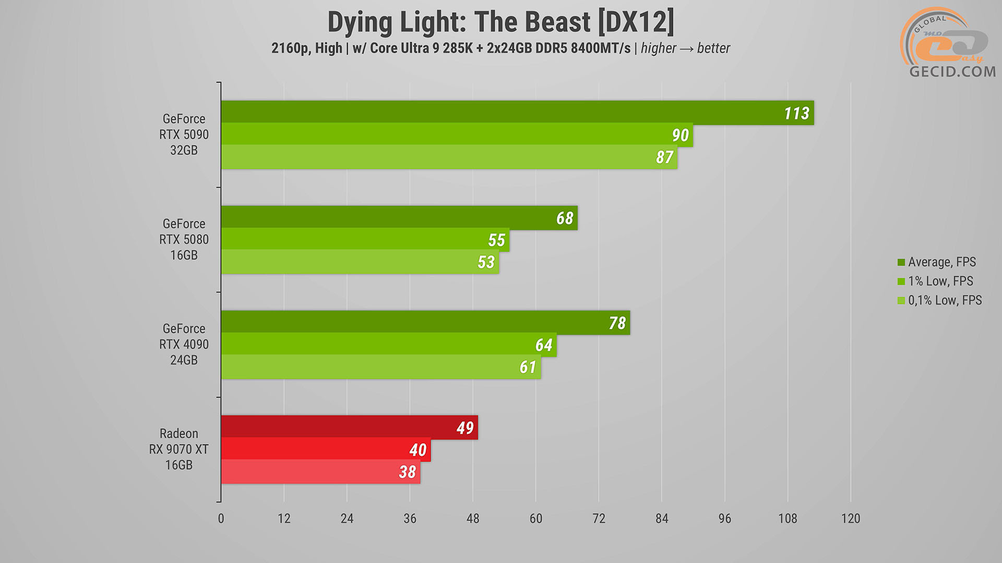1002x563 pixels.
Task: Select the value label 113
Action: [x=796, y=113]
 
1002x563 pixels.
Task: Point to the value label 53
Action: [x=486, y=262]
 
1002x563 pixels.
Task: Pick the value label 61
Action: [x=528, y=367]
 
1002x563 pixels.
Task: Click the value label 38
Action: [x=407, y=472]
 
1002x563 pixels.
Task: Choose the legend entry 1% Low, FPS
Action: [x=940, y=281]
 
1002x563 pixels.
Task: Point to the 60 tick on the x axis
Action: [x=536, y=518]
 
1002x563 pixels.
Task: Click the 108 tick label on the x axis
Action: [x=788, y=518]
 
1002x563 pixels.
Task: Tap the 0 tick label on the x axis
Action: [x=221, y=518]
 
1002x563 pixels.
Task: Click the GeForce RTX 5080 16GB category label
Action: [x=184, y=239]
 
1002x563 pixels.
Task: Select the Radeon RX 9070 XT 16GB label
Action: [x=178, y=449]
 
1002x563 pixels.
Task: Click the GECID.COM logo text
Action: [x=952, y=71]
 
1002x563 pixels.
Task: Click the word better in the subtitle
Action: [x=713, y=48]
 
